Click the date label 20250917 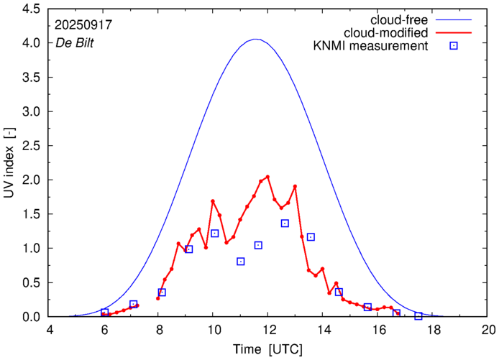(83, 24)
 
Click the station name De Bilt (74, 42)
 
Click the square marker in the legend (454, 47)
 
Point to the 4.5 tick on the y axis (29, 9)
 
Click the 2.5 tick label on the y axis (29, 146)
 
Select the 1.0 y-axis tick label (29, 249)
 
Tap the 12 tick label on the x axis (267, 331)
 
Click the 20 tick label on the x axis (488, 331)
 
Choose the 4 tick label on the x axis (50, 331)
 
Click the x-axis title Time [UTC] (268, 349)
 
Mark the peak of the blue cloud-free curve (256, 40)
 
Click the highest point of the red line (267, 177)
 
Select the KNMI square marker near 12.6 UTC (285, 223)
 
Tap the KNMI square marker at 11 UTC (241, 262)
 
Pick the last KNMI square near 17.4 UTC (418, 316)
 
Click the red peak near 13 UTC (295, 187)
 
